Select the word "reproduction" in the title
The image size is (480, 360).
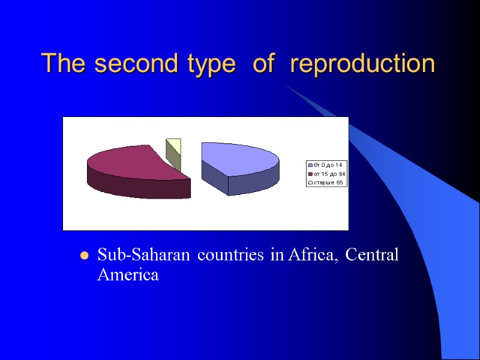coord(362,64)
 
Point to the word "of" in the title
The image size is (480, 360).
coord(263,64)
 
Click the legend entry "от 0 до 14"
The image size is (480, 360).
coord(328,165)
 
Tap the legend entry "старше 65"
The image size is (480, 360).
coord(328,182)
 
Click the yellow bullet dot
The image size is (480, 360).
coord(84,256)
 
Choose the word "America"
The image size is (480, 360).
coord(128,275)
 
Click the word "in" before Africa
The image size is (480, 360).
coord(276,255)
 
